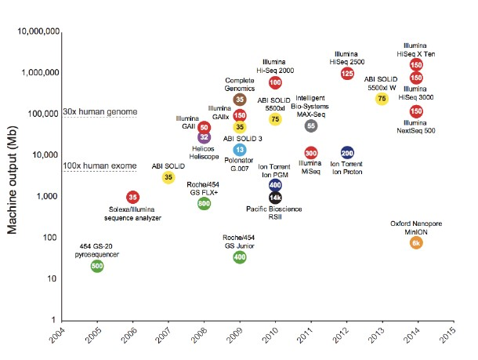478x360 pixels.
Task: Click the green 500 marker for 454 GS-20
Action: (97, 267)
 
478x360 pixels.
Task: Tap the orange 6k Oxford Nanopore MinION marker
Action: (417, 243)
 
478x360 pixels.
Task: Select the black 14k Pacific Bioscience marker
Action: (276, 198)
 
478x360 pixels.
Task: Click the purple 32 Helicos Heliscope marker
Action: (204, 137)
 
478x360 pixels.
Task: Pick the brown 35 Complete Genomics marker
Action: (240, 100)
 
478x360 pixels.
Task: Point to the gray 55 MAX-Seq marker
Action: (311, 125)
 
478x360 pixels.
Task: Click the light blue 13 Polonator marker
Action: (240, 150)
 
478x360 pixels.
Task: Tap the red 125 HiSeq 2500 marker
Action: (347, 73)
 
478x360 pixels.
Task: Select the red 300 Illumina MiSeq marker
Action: (311, 153)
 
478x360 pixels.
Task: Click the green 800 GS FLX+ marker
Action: (204, 204)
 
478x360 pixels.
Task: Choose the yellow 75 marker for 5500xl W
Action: (382, 99)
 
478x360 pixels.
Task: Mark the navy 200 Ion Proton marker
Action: (347, 153)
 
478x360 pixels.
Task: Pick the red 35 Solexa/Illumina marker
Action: (133, 197)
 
